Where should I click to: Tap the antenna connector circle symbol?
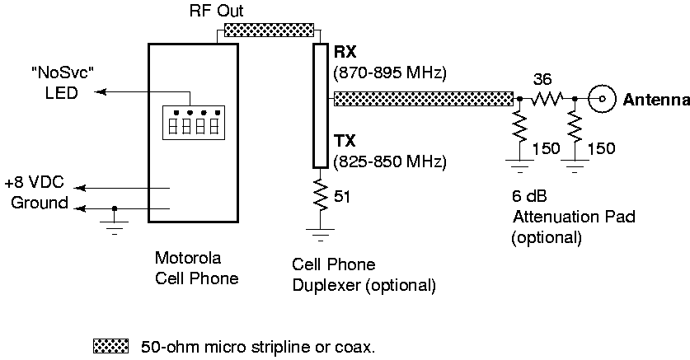pyautogui.click(x=603, y=100)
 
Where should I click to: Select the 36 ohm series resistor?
pyautogui.click(x=546, y=100)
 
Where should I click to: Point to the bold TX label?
pyautogui.click(x=345, y=141)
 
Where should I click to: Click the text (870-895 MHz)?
pyautogui.click(x=389, y=73)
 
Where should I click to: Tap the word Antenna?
pyautogui.click(x=655, y=101)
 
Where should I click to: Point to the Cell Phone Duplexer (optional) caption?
pyautogui.click(x=363, y=275)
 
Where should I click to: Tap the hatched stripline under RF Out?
pyautogui.click(x=270, y=30)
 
